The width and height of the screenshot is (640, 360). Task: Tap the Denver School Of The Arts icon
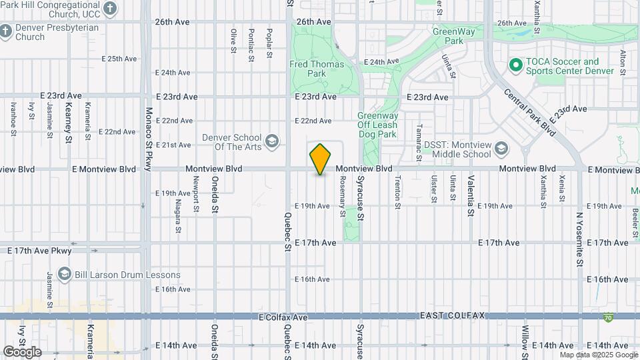point(271,141)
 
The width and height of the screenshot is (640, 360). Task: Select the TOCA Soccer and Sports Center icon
point(515,65)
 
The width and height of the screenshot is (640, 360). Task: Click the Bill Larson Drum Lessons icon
point(64,275)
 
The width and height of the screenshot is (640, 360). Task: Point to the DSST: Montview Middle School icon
point(501,147)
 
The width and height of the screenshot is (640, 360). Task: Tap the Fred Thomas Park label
point(317,69)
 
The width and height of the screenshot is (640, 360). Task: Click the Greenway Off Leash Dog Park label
point(377,125)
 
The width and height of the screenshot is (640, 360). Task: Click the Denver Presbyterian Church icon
point(6,31)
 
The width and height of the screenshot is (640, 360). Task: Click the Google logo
point(23,351)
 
